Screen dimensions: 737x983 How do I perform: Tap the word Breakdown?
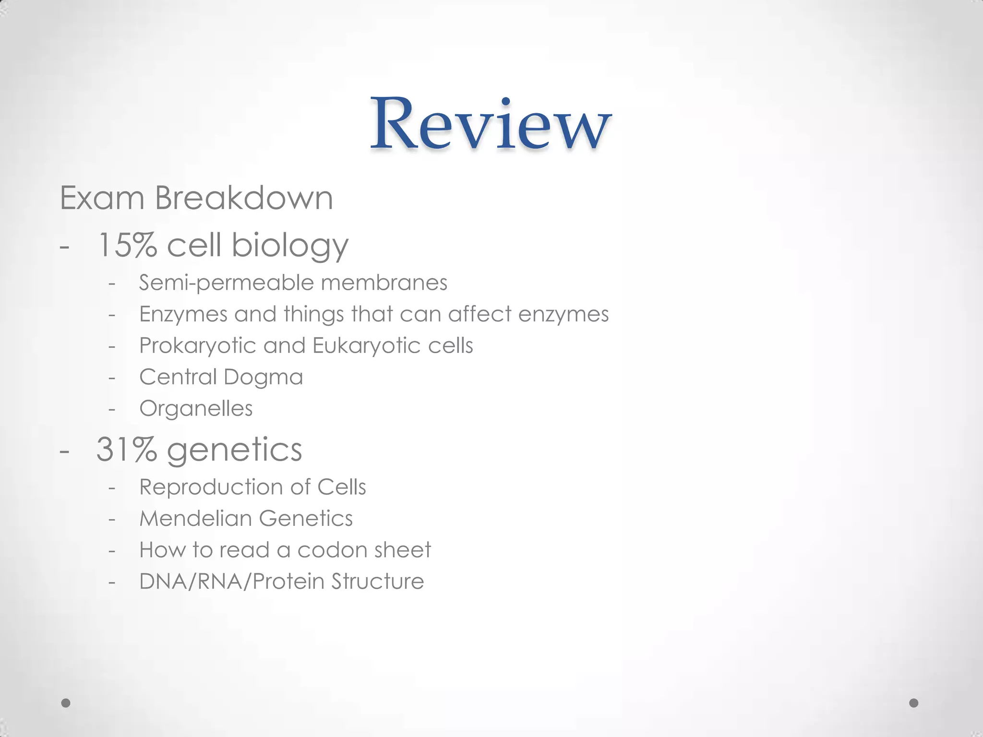(244, 198)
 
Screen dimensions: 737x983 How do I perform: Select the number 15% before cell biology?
(127, 245)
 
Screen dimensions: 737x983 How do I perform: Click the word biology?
(290, 246)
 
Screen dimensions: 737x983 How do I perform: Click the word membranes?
(384, 282)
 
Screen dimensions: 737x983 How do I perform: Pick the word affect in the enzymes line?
(480, 314)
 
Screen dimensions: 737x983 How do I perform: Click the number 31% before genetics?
(127, 450)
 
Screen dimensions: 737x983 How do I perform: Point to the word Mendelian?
(195, 519)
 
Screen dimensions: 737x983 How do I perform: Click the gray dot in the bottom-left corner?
(66, 703)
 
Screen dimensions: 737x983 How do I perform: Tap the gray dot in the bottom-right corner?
(914, 703)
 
